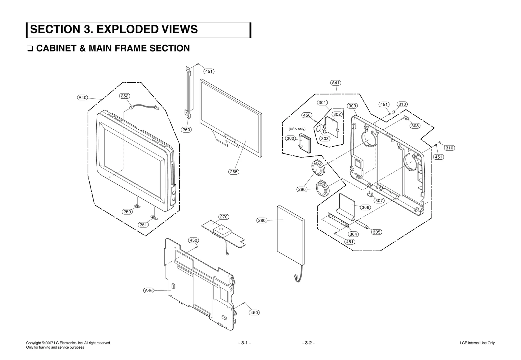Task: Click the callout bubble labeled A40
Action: (x=83, y=97)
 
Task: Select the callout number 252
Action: (x=124, y=96)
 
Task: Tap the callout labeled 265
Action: (x=234, y=172)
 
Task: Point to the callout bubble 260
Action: (x=186, y=130)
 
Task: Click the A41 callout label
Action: (x=336, y=83)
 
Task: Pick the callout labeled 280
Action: (x=262, y=221)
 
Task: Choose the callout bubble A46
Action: (x=148, y=290)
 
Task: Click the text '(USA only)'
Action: (x=297, y=129)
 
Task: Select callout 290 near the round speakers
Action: (x=302, y=189)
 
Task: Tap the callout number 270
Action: (x=223, y=217)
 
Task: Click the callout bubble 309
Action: (x=352, y=106)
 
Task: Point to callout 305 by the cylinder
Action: (x=376, y=232)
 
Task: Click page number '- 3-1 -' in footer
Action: (x=245, y=343)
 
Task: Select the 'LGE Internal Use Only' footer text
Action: (x=477, y=343)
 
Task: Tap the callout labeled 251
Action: (x=143, y=224)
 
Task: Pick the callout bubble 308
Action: (x=415, y=126)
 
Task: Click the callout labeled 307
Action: (x=379, y=201)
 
